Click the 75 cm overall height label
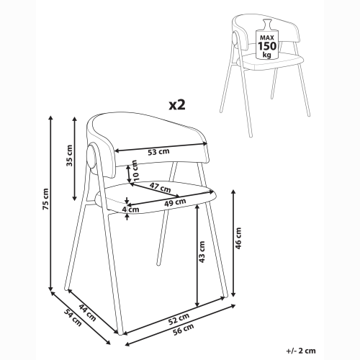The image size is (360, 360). click(x=45, y=199)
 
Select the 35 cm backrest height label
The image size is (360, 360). click(x=69, y=156)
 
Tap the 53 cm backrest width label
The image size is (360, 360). click(x=158, y=152)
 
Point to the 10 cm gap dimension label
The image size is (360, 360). click(x=135, y=171)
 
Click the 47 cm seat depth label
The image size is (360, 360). click(x=160, y=187)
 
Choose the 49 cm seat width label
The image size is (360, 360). click(x=175, y=202)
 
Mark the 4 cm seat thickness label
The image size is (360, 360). click(x=130, y=210)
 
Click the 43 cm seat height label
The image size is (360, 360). click(x=202, y=252)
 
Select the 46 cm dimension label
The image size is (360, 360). click(x=238, y=238)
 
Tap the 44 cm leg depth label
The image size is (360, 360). click(x=88, y=313)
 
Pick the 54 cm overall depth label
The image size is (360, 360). click(x=73, y=318)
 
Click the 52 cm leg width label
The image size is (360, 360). click(x=179, y=319)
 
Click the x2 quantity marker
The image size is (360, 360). click(x=177, y=105)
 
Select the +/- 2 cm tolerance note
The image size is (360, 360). click(x=301, y=351)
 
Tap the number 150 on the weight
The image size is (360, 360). click(x=267, y=45)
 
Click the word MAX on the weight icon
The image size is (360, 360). click(x=267, y=37)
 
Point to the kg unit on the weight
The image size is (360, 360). click(x=267, y=55)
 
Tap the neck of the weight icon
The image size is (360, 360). click(x=267, y=25)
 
